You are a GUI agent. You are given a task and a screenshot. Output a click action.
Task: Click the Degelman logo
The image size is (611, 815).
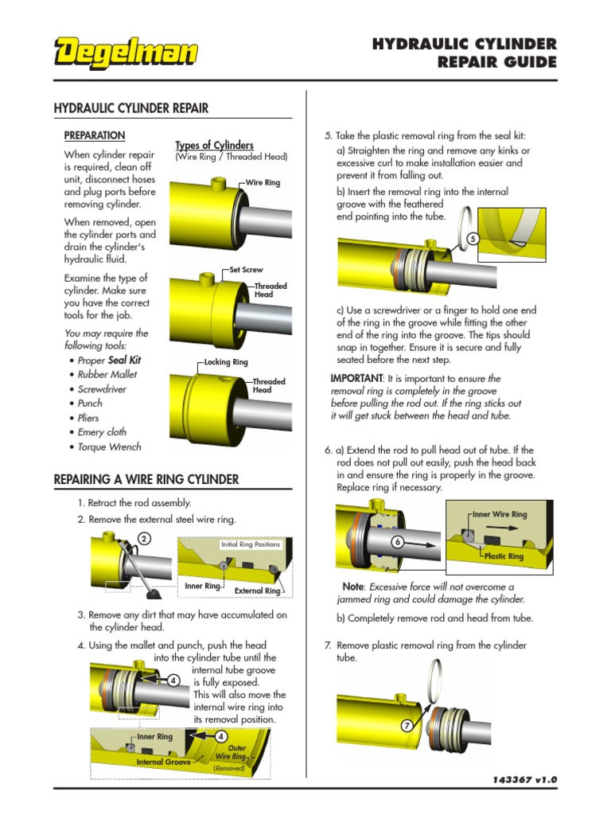coord(126,54)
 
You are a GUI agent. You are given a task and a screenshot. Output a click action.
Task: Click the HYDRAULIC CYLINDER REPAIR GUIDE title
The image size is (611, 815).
coord(465,53)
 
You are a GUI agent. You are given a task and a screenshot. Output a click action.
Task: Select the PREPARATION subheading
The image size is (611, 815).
coord(95,135)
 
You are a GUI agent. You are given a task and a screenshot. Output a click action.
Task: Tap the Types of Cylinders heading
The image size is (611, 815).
coord(214,145)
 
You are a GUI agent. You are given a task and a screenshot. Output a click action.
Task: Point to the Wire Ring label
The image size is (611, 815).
coord(263,183)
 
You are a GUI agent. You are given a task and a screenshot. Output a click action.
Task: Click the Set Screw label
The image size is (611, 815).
coord(246,271)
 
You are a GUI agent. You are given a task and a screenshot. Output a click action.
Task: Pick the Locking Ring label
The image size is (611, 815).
coord(226,362)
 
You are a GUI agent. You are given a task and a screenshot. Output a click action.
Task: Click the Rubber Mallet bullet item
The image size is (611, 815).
coord(107,374)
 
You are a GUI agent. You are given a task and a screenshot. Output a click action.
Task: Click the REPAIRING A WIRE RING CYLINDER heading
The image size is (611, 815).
coord(146,479)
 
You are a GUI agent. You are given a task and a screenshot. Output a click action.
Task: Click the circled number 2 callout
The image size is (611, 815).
coord(144,539)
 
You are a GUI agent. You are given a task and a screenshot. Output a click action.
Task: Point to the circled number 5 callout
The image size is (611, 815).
coord(473,239)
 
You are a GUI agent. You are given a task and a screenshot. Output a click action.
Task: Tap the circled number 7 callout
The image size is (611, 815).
coord(407,726)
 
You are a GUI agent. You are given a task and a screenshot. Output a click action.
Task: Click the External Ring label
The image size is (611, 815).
coord(257,591)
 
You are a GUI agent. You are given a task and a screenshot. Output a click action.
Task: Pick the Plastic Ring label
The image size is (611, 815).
coord(504,556)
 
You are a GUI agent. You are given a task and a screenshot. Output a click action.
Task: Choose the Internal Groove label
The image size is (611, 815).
coord(163,762)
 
